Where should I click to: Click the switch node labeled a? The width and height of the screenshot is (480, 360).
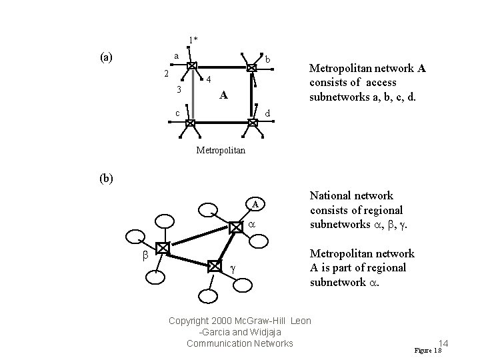(x=191, y=67)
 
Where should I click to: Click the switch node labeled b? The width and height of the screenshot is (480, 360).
(x=252, y=67)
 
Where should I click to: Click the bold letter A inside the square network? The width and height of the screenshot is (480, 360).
(x=225, y=95)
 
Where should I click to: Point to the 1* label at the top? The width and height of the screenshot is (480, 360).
(x=192, y=40)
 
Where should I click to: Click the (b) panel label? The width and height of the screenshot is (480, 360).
(x=106, y=179)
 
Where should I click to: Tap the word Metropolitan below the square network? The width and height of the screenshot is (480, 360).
(x=221, y=151)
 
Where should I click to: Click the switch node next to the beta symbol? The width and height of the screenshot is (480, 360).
(x=161, y=248)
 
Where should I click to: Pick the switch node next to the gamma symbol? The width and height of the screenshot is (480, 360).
(x=214, y=265)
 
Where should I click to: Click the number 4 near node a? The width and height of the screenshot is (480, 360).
(x=209, y=80)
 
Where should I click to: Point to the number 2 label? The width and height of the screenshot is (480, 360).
(x=167, y=73)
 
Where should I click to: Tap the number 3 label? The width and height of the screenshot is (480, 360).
(x=178, y=89)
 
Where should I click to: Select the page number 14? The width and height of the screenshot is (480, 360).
(x=444, y=343)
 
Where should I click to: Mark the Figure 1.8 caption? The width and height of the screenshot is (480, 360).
(x=428, y=351)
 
